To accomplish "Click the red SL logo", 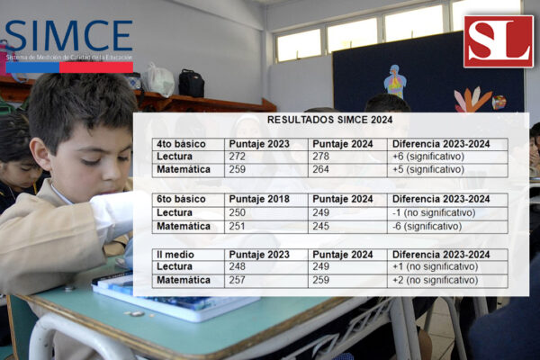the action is pos(499,41).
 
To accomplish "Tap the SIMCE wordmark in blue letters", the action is pos(69,35).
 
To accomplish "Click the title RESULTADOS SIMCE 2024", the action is pos(330,120).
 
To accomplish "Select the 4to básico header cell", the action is pos(188,144).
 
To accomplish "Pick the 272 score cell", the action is pos(266,157).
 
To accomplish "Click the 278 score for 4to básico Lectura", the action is pos(347,157).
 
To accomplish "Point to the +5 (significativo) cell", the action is pos(447,170).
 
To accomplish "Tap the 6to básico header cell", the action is pos(188,200).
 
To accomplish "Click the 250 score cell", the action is pos(266,213).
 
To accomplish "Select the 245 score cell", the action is pos(347,226).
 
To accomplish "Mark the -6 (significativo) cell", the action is pos(447,226).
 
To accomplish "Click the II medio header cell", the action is pos(188,255).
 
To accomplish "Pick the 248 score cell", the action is pos(266,267).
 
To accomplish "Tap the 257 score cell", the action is pos(266,281).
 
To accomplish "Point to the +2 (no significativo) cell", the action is pos(447,281).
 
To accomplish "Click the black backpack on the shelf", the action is pos(191,84).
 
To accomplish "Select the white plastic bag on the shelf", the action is pos(158,80).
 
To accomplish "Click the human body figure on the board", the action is pos(395,81).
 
